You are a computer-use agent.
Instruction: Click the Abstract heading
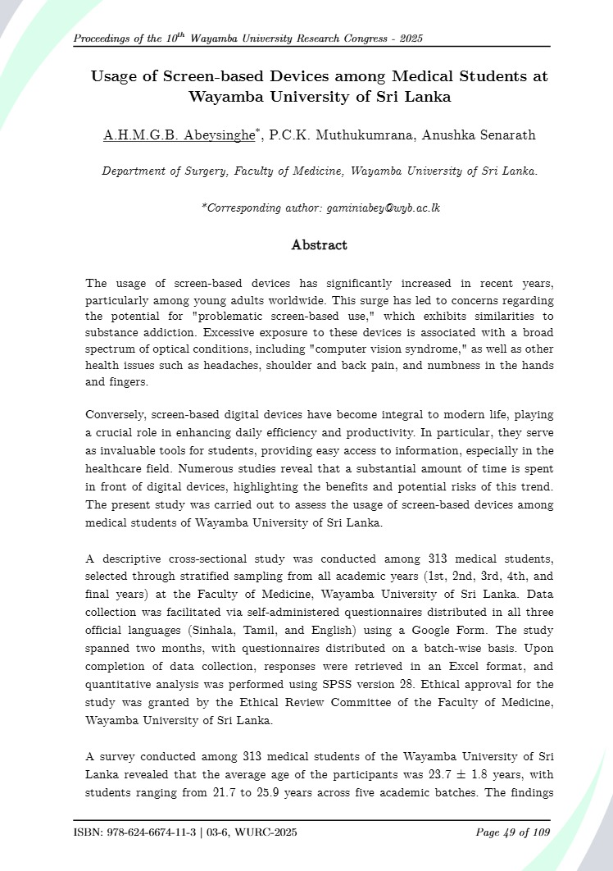coord(319,245)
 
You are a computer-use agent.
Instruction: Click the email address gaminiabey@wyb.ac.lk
coord(384,208)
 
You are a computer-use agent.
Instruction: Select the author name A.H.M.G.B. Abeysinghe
coord(168,135)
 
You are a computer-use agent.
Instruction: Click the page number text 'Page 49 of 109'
coord(513,833)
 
